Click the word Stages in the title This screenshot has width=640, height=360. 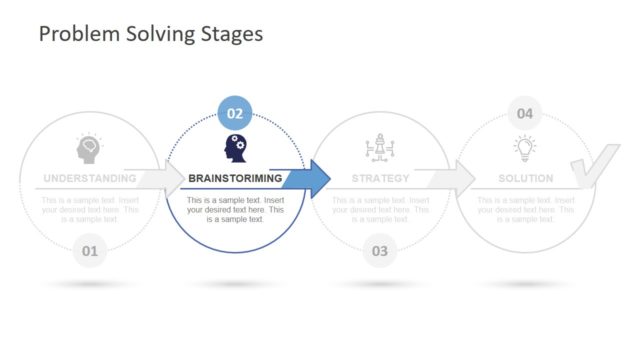click(x=230, y=34)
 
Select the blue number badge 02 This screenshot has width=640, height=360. click(x=235, y=113)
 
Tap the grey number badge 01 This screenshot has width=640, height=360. click(x=89, y=250)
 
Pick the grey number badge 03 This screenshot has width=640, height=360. click(x=380, y=250)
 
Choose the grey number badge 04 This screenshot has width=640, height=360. click(x=524, y=113)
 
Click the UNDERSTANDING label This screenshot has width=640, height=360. click(x=89, y=179)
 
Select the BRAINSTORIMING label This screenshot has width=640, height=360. click(x=235, y=179)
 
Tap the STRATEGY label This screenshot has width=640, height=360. click(x=380, y=179)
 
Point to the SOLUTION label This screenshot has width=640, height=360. click(x=525, y=179)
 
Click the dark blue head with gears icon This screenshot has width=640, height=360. click(x=235, y=148)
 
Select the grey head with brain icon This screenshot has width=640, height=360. click(x=89, y=148)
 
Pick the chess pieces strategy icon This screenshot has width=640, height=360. click(x=380, y=148)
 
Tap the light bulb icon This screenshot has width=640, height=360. click(x=525, y=148)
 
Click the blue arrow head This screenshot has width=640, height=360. click(x=317, y=178)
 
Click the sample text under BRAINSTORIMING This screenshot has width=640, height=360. click(x=235, y=210)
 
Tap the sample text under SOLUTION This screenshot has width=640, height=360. click(x=525, y=210)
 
